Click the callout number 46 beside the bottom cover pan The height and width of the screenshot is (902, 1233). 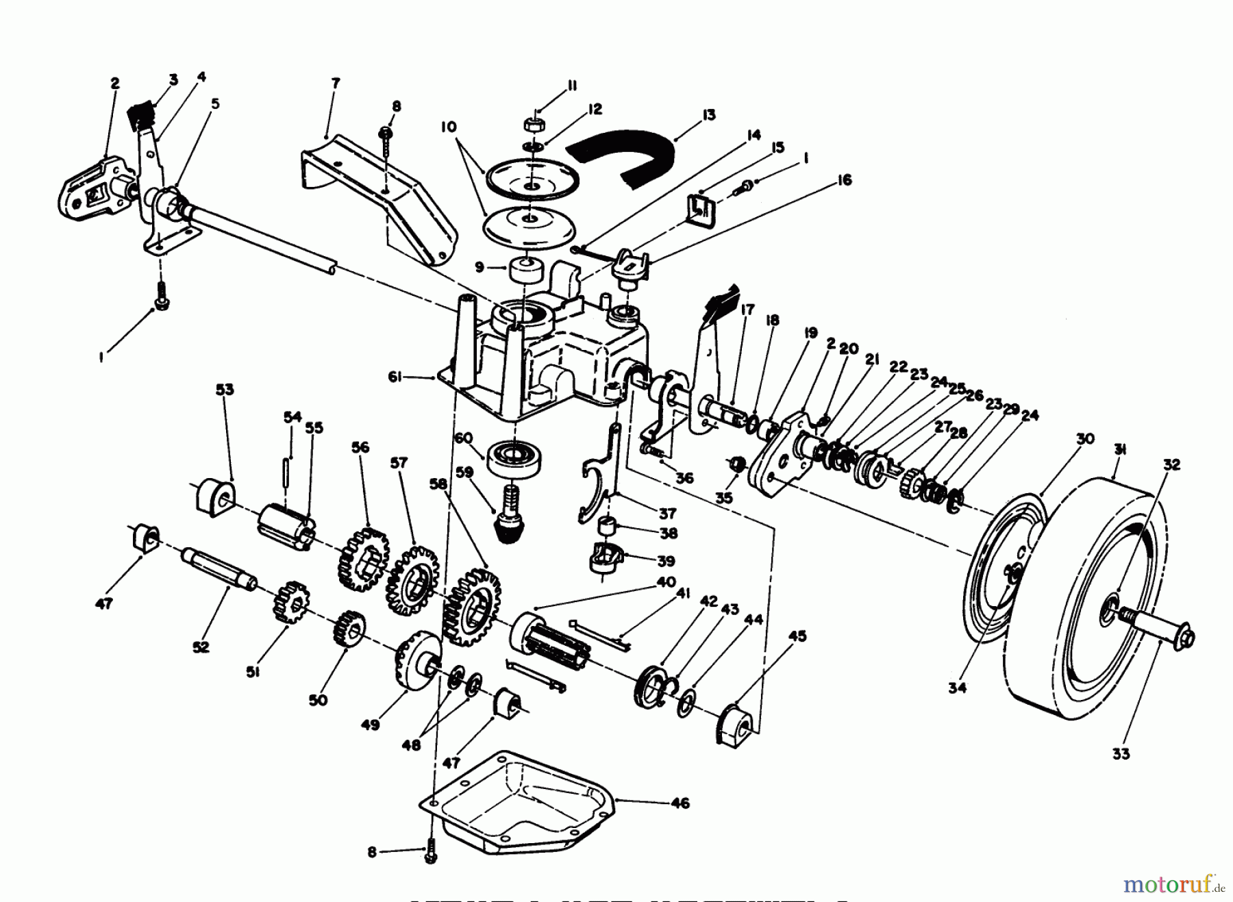click(680, 803)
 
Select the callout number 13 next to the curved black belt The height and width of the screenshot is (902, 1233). click(708, 115)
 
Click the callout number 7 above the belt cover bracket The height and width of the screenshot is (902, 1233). click(336, 83)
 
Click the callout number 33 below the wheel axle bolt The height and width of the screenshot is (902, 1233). click(1121, 755)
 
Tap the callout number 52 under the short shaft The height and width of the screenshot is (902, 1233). click(201, 647)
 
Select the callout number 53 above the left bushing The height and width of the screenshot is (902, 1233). click(224, 389)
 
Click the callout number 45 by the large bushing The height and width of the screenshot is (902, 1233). click(797, 636)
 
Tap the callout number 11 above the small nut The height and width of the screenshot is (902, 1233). click(572, 86)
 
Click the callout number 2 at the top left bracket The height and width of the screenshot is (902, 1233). click(115, 83)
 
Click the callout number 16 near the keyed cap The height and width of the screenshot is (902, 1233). click(844, 180)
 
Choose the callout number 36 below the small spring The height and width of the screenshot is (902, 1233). click(684, 477)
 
